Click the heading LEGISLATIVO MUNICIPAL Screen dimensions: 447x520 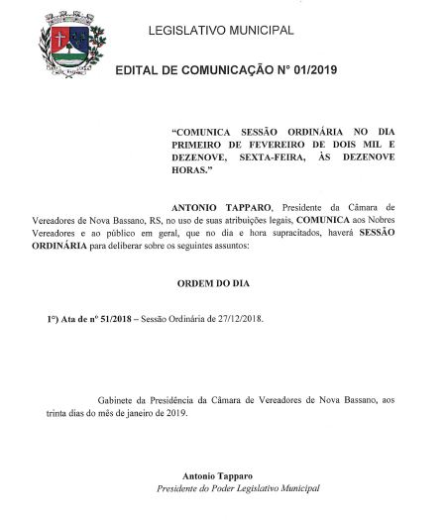pyautogui.click(x=220, y=31)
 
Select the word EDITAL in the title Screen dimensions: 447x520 pyautogui.click(x=139, y=69)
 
